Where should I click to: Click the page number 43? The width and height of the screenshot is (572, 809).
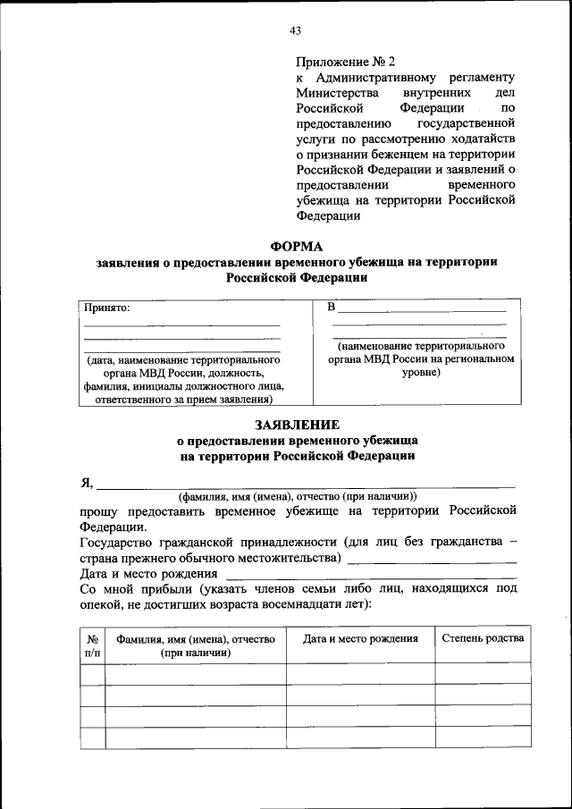click(x=295, y=30)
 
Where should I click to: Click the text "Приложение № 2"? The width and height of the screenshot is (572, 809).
click(x=345, y=62)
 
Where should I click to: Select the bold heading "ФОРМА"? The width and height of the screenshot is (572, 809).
click(x=296, y=246)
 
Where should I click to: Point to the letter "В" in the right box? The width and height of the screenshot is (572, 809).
click(x=332, y=308)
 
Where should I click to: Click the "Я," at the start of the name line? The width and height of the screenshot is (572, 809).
click(x=87, y=483)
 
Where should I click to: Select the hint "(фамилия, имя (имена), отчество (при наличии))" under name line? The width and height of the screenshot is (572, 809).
click(x=297, y=496)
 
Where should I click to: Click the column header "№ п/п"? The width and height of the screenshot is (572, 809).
click(x=92, y=645)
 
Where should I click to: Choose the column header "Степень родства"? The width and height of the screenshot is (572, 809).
click(x=483, y=637)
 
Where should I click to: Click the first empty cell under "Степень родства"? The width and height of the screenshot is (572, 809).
click(x=483, y=673)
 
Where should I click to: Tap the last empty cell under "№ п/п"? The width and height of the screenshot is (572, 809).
click(x=92, y=737)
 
